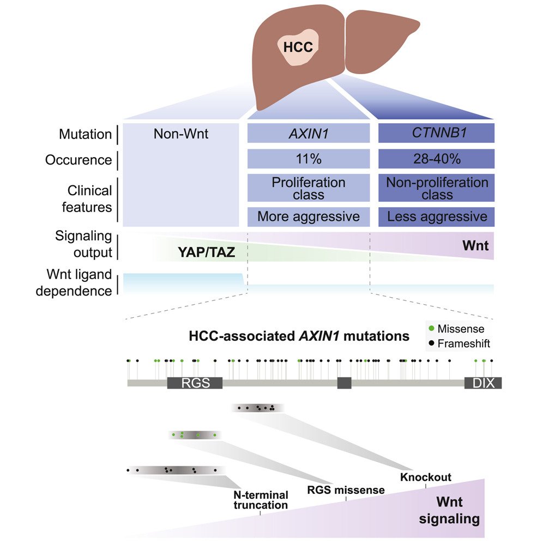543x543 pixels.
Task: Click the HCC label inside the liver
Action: point(298,47)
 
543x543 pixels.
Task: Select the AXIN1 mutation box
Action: point(309,132)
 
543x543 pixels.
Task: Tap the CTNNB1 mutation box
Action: point(436,132)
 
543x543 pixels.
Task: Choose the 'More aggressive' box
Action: point(309,216)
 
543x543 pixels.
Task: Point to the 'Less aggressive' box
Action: point(436,216)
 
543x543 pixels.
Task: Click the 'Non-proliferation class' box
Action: point(436,188)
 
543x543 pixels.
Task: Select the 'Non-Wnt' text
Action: point(180,132)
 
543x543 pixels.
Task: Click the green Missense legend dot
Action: point(432,329)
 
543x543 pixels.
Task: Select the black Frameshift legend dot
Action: point(432,343)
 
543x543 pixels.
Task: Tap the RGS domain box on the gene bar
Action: point(195,383)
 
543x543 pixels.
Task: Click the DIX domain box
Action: point(482,383)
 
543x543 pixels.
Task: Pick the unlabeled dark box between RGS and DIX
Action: point(344,383)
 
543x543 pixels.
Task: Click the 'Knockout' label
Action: point(426,478)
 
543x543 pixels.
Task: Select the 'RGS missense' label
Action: point(345,490)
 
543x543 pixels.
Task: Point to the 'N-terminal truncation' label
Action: point(260,500)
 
